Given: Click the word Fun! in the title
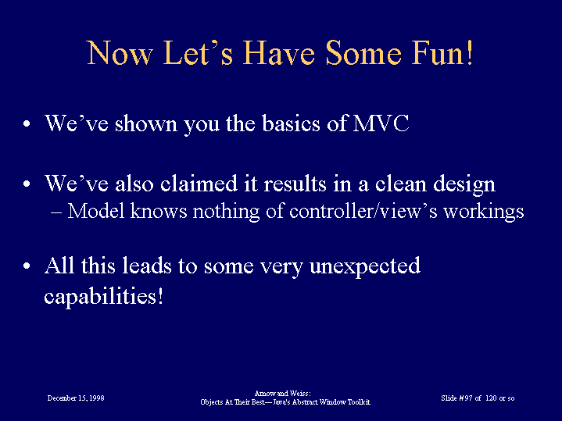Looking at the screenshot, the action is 442,52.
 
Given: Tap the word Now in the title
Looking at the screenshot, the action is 120,52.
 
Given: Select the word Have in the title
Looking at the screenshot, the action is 279,52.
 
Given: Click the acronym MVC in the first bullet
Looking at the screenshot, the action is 381,123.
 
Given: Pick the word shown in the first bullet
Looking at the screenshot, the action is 146,123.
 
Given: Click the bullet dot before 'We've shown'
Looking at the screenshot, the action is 27,124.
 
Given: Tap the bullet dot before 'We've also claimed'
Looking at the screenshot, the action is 27,184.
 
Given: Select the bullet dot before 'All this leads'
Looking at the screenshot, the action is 27,266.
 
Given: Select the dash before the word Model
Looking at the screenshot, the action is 56,212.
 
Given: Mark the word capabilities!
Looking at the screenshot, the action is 104,297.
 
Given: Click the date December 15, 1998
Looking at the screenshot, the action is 76,398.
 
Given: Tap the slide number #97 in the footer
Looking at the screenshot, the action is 466,398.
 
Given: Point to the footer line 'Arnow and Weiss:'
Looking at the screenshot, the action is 282,394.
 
